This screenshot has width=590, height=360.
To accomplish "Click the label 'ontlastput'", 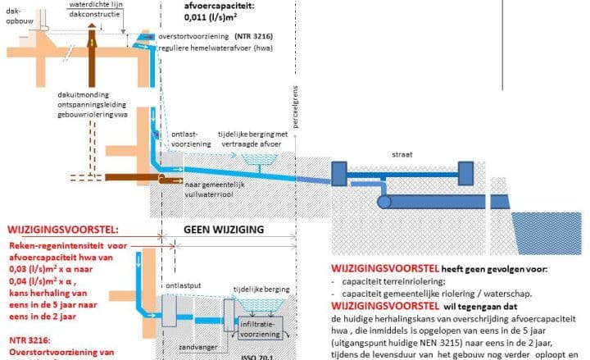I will pyautogui.click(x=183, y=286).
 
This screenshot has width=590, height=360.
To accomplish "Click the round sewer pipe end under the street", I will pyautogui.click(x=383, y=201).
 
